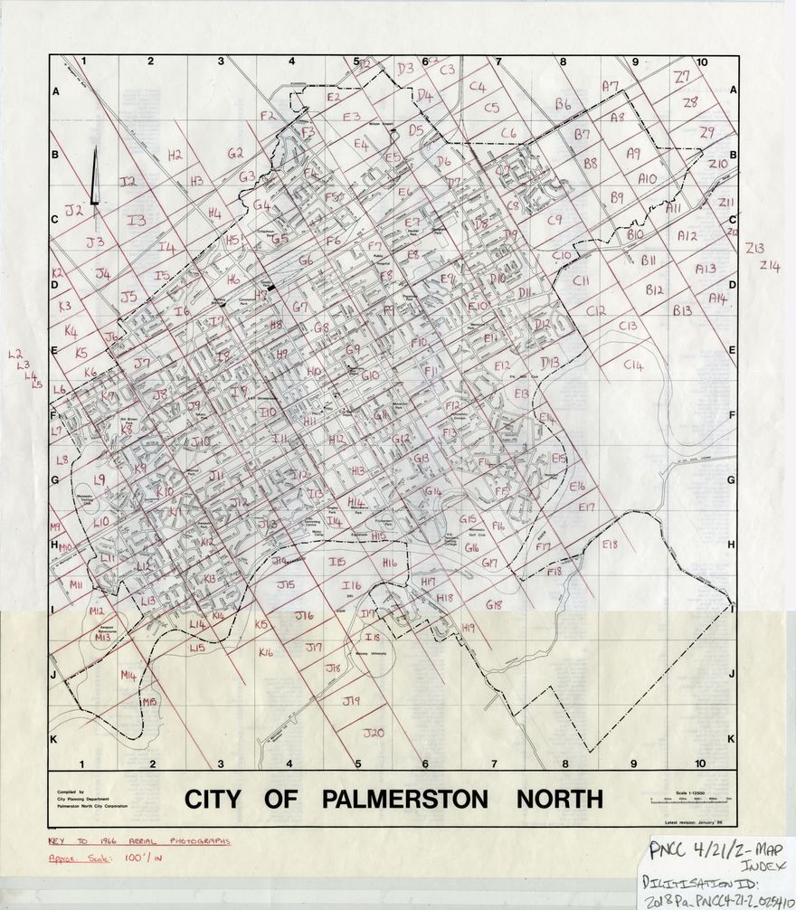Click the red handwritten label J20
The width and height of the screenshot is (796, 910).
(374, 731)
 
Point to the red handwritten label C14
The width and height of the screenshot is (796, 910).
(633, 365)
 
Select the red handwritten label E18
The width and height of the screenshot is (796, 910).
(609, 544)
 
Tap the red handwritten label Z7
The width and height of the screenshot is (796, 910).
(682, 77)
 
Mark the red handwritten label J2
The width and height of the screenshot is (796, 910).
(73, 210)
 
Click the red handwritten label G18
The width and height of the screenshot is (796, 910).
(493, 604)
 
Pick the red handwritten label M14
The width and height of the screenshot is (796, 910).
(128, 675)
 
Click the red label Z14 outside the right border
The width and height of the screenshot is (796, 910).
(770, 265)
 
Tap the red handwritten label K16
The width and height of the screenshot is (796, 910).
(265, 651)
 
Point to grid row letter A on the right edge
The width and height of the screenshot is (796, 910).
(730, 92)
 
